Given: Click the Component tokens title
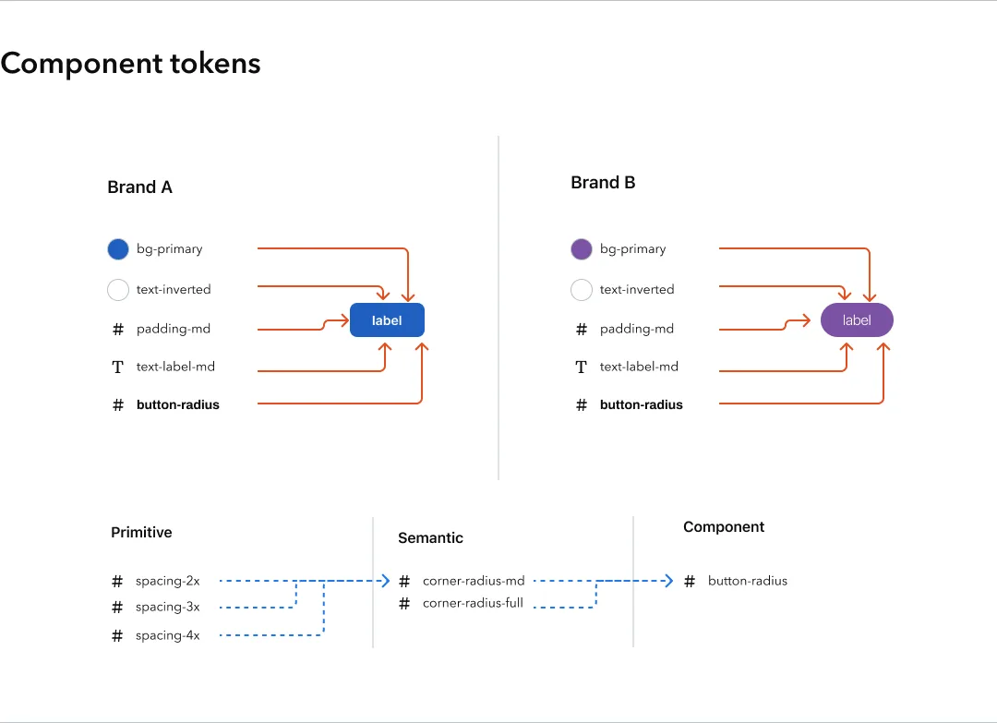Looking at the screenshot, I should tap(130, 64).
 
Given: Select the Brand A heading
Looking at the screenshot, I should tap(139, 187).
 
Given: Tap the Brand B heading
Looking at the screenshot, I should tap(603, 183).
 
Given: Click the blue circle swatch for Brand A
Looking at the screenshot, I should tap(117, 249).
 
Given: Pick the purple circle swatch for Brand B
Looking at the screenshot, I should tap(581, 249).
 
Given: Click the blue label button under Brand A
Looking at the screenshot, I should tap(387, 320).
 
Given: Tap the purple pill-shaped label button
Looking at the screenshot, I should tap(857, 320).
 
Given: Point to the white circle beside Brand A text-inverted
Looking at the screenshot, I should tap(117, 290).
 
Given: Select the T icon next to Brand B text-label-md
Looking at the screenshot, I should tap(581, 367).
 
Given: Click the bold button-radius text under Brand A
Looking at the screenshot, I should tap(178, 404).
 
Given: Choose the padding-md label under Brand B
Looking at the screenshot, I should tap(637, 329).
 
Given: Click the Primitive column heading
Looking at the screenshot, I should tap(141, 533).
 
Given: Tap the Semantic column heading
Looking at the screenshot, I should tap(430, 537).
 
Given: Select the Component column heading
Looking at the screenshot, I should tap(724, 527).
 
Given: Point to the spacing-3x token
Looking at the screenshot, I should tap(167, 608).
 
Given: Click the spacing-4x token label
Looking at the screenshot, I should tap(167, 635).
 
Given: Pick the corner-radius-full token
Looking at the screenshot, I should tap(473, 604).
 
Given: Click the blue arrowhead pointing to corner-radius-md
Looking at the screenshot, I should tap(386, 581).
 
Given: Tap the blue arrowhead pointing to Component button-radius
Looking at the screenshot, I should tap(668, 581).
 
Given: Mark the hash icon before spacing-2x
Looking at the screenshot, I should tap(117, 581).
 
